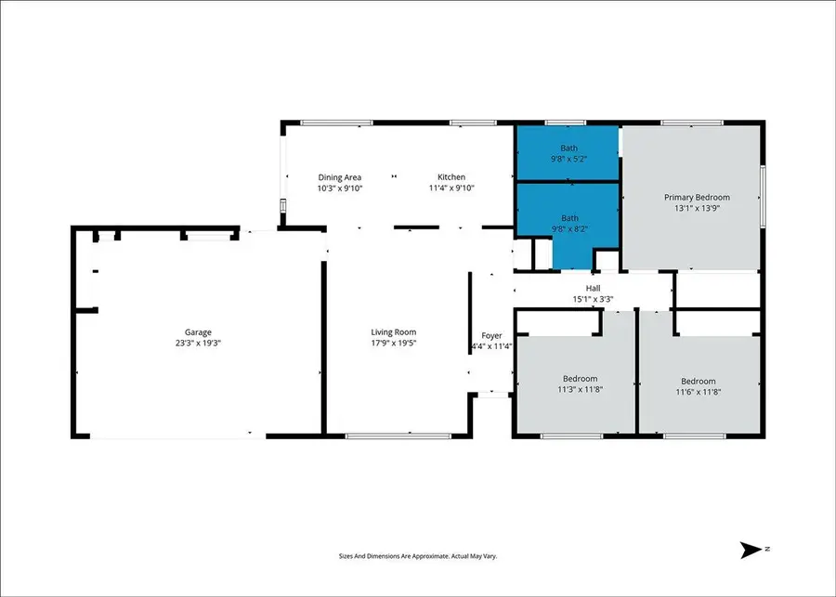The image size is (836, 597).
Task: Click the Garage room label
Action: tap(197, 331)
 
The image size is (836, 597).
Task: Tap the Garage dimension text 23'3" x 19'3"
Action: tap(197, 343)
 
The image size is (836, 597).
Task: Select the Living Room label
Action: tap(394, 331)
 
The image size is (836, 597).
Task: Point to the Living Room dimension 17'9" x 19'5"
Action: tap(394, 343)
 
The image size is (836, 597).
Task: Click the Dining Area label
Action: tap(339, 177)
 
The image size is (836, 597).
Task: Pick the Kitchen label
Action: tap(451, 177)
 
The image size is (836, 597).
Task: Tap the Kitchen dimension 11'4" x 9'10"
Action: tap(451, 188)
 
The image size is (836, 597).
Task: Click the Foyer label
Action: tap(491, 336)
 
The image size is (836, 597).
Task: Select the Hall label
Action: tap(593, 288)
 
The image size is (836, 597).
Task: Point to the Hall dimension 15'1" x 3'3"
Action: tap(593, 299)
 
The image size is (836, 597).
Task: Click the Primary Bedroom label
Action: tap(697, 197)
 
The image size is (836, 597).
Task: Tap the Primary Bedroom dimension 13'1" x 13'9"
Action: tap(697, 208)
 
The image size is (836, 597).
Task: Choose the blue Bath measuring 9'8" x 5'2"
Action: tap(568, 153)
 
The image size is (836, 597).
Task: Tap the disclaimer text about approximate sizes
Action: tap(418, 556)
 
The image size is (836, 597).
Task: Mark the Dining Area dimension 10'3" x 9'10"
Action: tap(339, 188)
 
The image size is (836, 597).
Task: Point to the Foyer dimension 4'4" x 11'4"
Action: tap(491, 347)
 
